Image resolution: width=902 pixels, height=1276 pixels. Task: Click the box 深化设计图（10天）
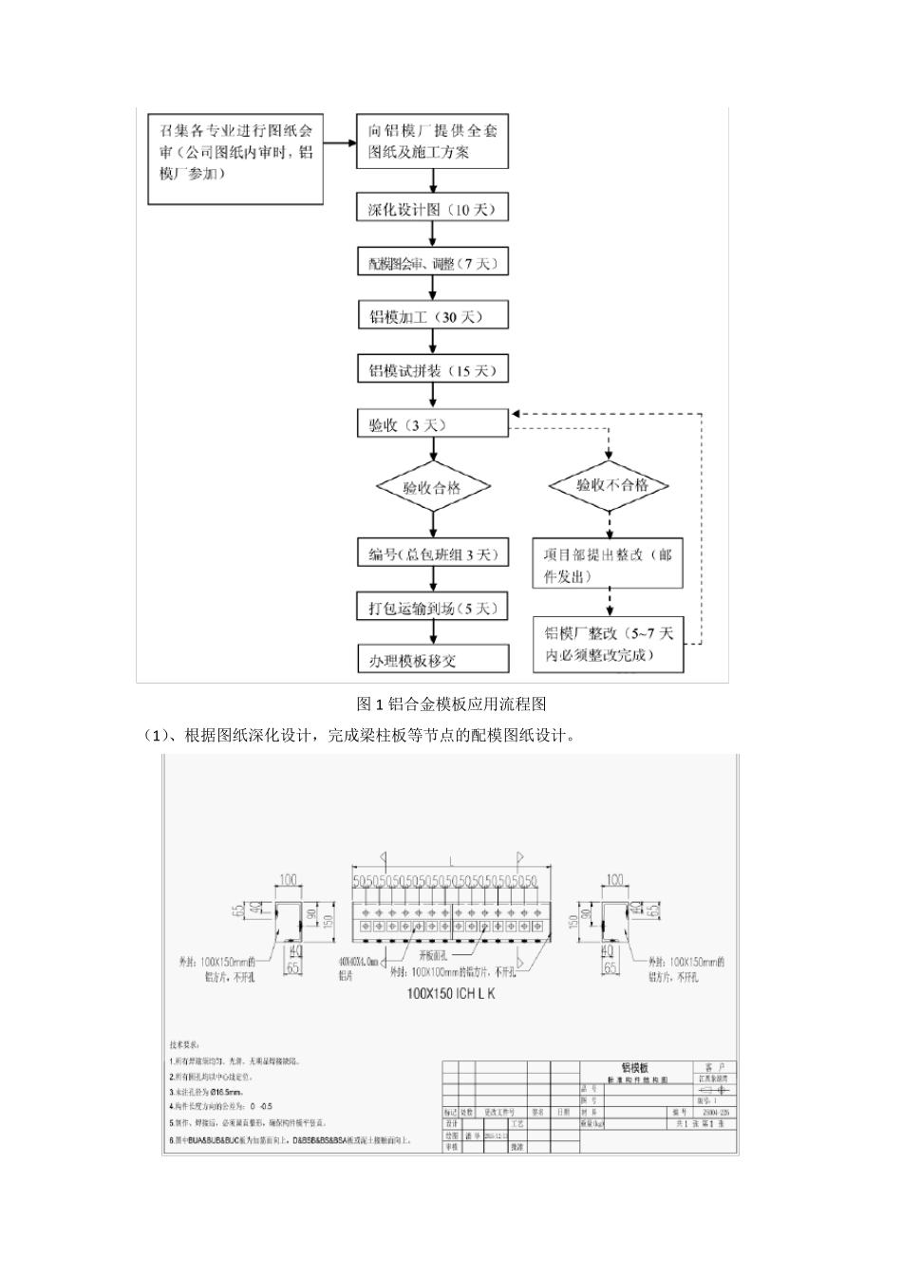point(432,209)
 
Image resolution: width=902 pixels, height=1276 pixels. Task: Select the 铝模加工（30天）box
point(432,316)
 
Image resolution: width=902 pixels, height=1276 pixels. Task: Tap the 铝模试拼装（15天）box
point(432,370)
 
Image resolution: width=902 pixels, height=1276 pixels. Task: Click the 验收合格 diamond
point(433,488)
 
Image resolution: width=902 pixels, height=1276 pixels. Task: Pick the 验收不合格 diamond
point(611,485)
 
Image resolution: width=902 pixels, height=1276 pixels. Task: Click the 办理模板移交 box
point(432,659)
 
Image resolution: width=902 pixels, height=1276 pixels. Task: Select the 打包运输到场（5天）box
point(432,608)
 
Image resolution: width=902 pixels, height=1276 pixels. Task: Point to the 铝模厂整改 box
point(610,645)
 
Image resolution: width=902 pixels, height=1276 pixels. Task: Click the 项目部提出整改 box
point(609,565)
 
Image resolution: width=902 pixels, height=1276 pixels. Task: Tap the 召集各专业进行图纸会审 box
point(235,159)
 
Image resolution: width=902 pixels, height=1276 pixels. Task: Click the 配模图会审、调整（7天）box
point(432,263)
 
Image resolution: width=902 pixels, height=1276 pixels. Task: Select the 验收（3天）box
point(432,424)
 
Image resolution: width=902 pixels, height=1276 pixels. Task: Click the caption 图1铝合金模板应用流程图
point(451,704)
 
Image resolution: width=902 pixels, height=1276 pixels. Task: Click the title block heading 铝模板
point(636,1068)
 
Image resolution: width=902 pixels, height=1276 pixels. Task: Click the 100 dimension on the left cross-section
point(288,880)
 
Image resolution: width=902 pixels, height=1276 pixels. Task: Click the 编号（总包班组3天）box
point(432,554)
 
